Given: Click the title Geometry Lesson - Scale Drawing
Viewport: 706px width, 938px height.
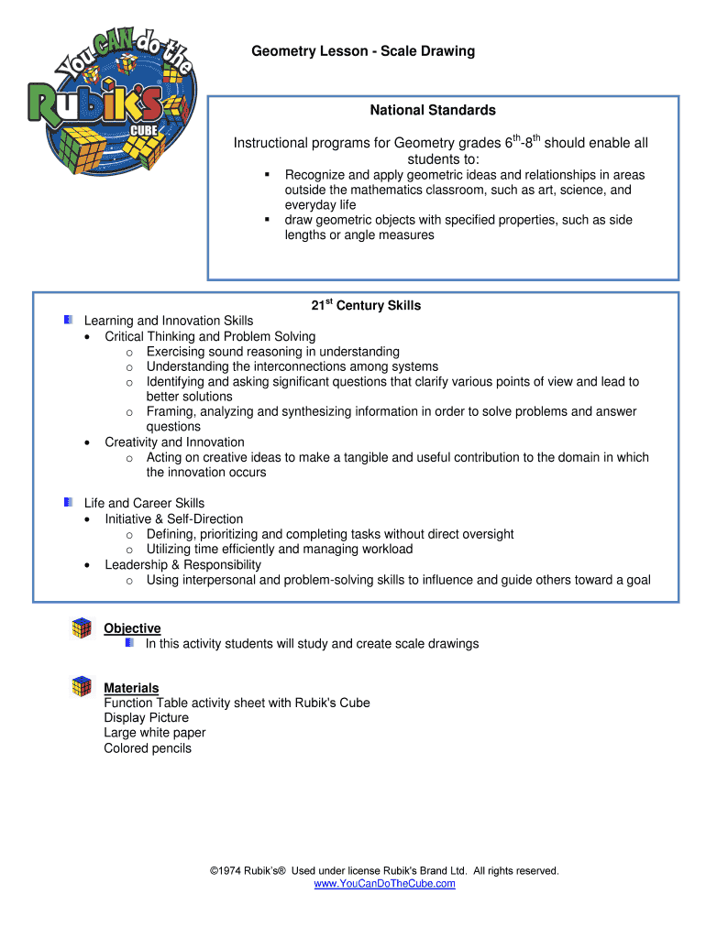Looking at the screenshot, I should point(363,51).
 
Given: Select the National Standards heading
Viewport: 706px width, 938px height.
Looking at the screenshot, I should point(433,111).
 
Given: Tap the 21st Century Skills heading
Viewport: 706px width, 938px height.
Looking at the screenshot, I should point(365,306).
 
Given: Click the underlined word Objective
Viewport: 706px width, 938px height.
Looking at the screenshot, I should point(132,628).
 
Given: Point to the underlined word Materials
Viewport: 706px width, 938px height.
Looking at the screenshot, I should point(131,688).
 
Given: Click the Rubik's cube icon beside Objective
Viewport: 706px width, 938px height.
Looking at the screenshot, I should point(83,628).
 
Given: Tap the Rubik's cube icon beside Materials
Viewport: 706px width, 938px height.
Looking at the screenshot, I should point(83,686).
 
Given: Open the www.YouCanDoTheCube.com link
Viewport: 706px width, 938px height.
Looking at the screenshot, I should point(384,884).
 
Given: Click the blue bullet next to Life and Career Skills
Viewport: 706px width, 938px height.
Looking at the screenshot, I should point(69,502).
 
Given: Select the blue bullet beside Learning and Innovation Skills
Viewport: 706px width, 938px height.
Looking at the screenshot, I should point(69,320).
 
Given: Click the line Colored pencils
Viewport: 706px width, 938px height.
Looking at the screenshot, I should point(148,748).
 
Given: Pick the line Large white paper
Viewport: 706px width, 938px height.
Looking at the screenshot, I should point(155,733).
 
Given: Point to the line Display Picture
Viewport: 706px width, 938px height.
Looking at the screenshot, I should point(147,718).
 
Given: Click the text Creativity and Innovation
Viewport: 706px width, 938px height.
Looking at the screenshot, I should point(174,442).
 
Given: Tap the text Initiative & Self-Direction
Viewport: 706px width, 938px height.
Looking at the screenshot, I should point(174,518).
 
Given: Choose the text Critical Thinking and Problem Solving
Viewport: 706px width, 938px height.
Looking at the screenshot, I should point(210,336).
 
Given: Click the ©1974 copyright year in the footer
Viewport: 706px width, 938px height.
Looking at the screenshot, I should point(223,871).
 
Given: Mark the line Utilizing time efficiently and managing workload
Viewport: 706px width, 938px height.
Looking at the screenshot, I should point(280,549).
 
